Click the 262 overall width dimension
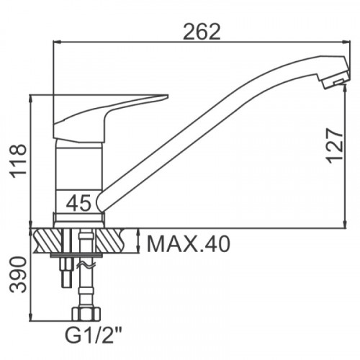coord(202,32)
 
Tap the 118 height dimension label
coord(18,161)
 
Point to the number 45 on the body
coord(79,203)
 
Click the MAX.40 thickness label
coord(189,244)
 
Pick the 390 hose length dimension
coord(18,274)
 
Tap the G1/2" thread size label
coord(94,336)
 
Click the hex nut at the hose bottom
coord(86,314)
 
